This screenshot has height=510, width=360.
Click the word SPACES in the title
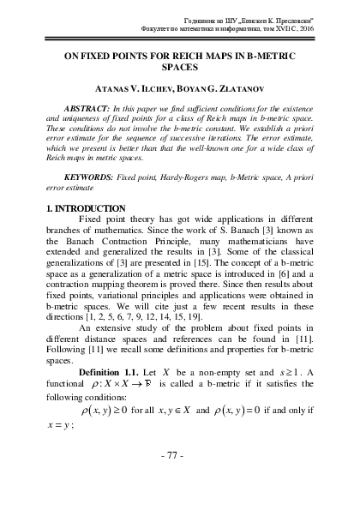pos(179,88)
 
